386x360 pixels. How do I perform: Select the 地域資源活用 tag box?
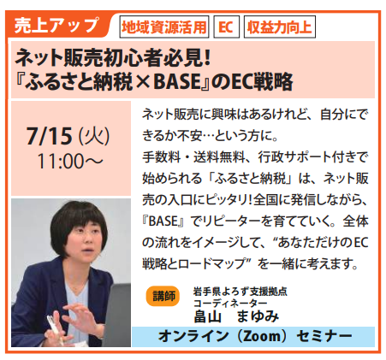pyautogui.click(x=164, y=27)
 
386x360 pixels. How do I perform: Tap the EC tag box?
pyautogui.click(x=226, y=27)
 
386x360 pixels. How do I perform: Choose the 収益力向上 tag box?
pyautogui.click(x=280, y=27)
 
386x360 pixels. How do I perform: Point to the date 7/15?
pyautogui.click(x=49, y=136)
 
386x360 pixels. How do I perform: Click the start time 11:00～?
pyautogui.click(x=70, y=162)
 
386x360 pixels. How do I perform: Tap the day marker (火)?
pyautogui.click(x=94, y=136)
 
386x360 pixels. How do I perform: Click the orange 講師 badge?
pyautogui.click(x=163, y=296)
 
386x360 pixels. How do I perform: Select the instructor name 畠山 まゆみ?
pyautogui.click(x=236, y=316)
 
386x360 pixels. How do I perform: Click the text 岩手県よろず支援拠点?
pyautogui.click(x=241, y=292)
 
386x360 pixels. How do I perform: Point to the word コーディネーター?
pyautogui.click(x=230, y=303)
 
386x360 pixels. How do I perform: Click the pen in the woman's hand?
pyautogui.click(x=56, y=329)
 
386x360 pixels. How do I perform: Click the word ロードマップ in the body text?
pyautogui.click(x=212, y=263)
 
